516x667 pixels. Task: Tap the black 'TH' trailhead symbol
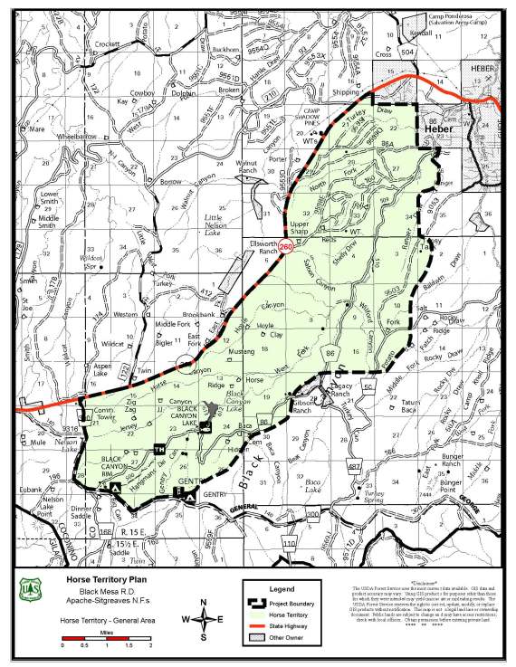point(160,450)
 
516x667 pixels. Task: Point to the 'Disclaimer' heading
point(429,582)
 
